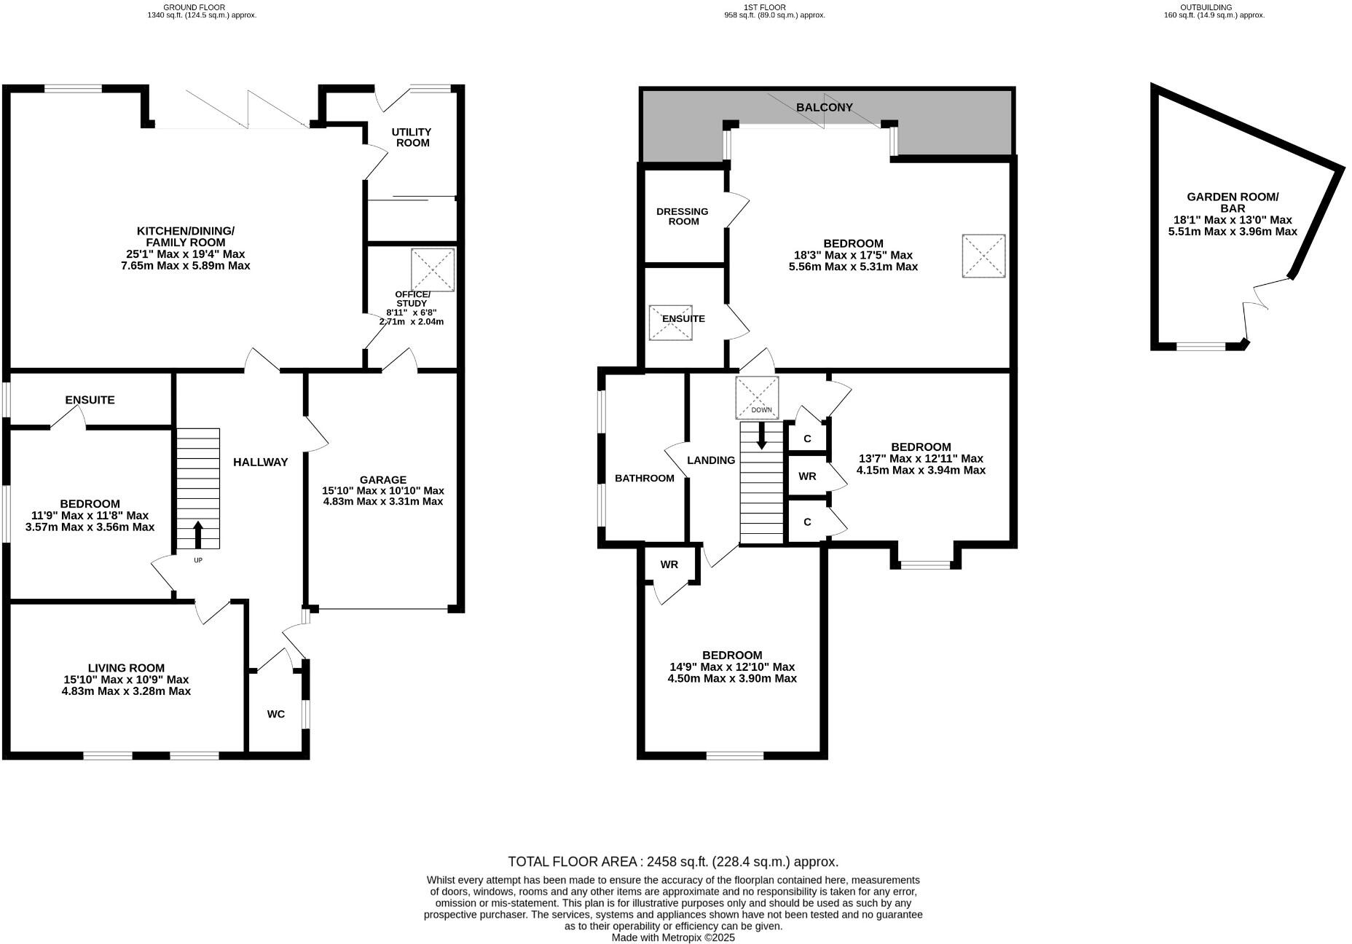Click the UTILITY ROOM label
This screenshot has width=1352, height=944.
pyautogui.click(x=412, y=137)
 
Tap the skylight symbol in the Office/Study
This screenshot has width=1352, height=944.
pyautogui.click(x=433, y=270)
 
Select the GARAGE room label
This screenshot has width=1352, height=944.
pyautogui.click(x=383, y=479)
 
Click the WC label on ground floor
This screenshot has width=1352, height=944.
pyautogui.click(x=275, y=714)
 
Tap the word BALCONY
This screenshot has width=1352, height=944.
pyautogui.click(x=824, y=107)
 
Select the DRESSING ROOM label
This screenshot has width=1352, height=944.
pyautogui.click(x=683, y=216)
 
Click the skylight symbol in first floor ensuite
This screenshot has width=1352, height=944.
pyautogui.click(x=670, y=323)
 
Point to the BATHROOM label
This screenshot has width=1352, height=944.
pyautogui.click(x=645, y=478)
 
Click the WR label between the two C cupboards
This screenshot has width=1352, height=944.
pyautogui.click(x=807, y=476)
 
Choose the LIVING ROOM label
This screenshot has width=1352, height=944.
pyautogui.click(x=126, y=667)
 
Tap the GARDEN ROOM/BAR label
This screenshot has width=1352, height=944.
pyautogui.click(x=1233, y=202)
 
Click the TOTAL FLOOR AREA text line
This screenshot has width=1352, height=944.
pyautogui.click(x=673, y=862)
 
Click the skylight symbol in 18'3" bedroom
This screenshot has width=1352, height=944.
pyautogui.click(x=983, y=256)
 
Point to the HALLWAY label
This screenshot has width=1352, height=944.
pyautogui.click(x=260, y=462)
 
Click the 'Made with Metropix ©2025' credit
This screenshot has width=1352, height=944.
pyautogui.click(x=673, y=937)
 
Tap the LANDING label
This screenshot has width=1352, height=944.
pyautogui.click(x=711, y=460)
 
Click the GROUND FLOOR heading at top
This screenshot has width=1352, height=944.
pyautogui.click(x=194, y=7)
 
